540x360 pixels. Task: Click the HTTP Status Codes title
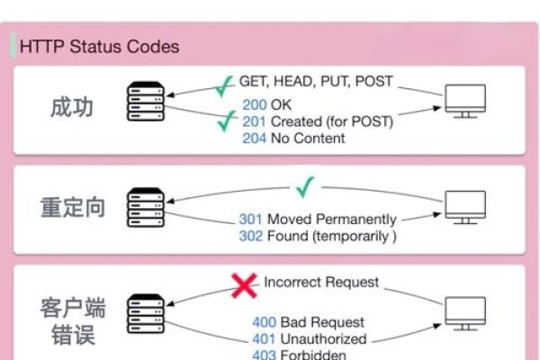(x=100, y=47)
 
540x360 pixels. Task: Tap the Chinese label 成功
(x=74, y=107)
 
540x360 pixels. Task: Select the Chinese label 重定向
(x=74, y=207)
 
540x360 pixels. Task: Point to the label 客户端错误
(x=74, y=322)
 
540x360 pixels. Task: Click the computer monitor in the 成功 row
(x=465, y=100)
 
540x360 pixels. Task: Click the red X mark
(x=243, y=286)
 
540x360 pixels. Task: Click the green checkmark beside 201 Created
(x=227, y=121)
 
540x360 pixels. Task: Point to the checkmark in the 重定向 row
(x=305, y=188)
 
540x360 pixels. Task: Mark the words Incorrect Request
(x=321, y=283)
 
